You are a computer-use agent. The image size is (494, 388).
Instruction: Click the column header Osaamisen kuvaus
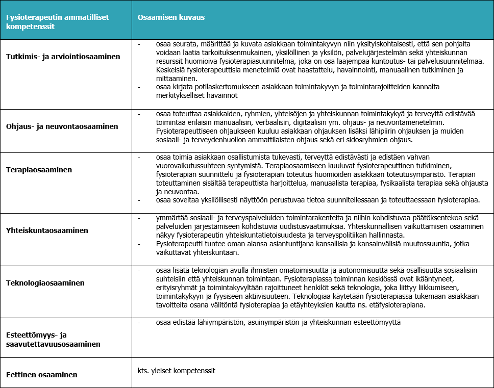point(171,17)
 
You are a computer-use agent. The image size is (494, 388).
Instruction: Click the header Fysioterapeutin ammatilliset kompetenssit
point(57,21)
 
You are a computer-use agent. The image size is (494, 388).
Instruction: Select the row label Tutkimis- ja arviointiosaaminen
point(63,57)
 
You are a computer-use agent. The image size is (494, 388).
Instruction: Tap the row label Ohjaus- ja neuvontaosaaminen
point(62,126)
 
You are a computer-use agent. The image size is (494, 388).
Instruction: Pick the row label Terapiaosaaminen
point(39,169)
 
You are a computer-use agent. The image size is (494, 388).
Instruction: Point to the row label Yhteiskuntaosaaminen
point(47,230)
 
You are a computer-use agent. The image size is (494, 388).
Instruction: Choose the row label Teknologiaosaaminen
point(45,283)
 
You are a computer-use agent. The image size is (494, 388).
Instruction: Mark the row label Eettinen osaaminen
point(41,375)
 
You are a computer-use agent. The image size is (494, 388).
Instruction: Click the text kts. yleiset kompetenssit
point(177,371)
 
